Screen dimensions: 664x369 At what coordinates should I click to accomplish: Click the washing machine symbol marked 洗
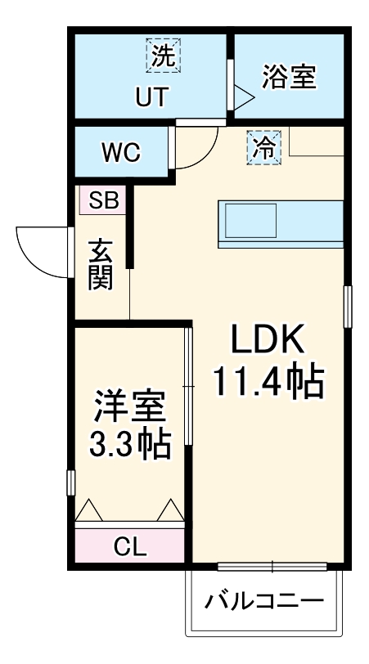(164, 56)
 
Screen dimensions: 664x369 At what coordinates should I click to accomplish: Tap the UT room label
(151, 97)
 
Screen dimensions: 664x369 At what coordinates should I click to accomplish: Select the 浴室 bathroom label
(289, 78)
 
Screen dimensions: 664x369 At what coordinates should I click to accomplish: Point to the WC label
(120, 152)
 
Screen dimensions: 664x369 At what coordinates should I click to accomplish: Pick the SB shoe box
(102, 200)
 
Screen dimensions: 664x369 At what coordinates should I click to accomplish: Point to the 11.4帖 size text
(268, 381)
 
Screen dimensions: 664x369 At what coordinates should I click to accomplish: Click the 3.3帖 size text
(130, 446)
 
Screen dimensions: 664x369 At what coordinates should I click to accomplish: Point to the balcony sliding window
(272, 565)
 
